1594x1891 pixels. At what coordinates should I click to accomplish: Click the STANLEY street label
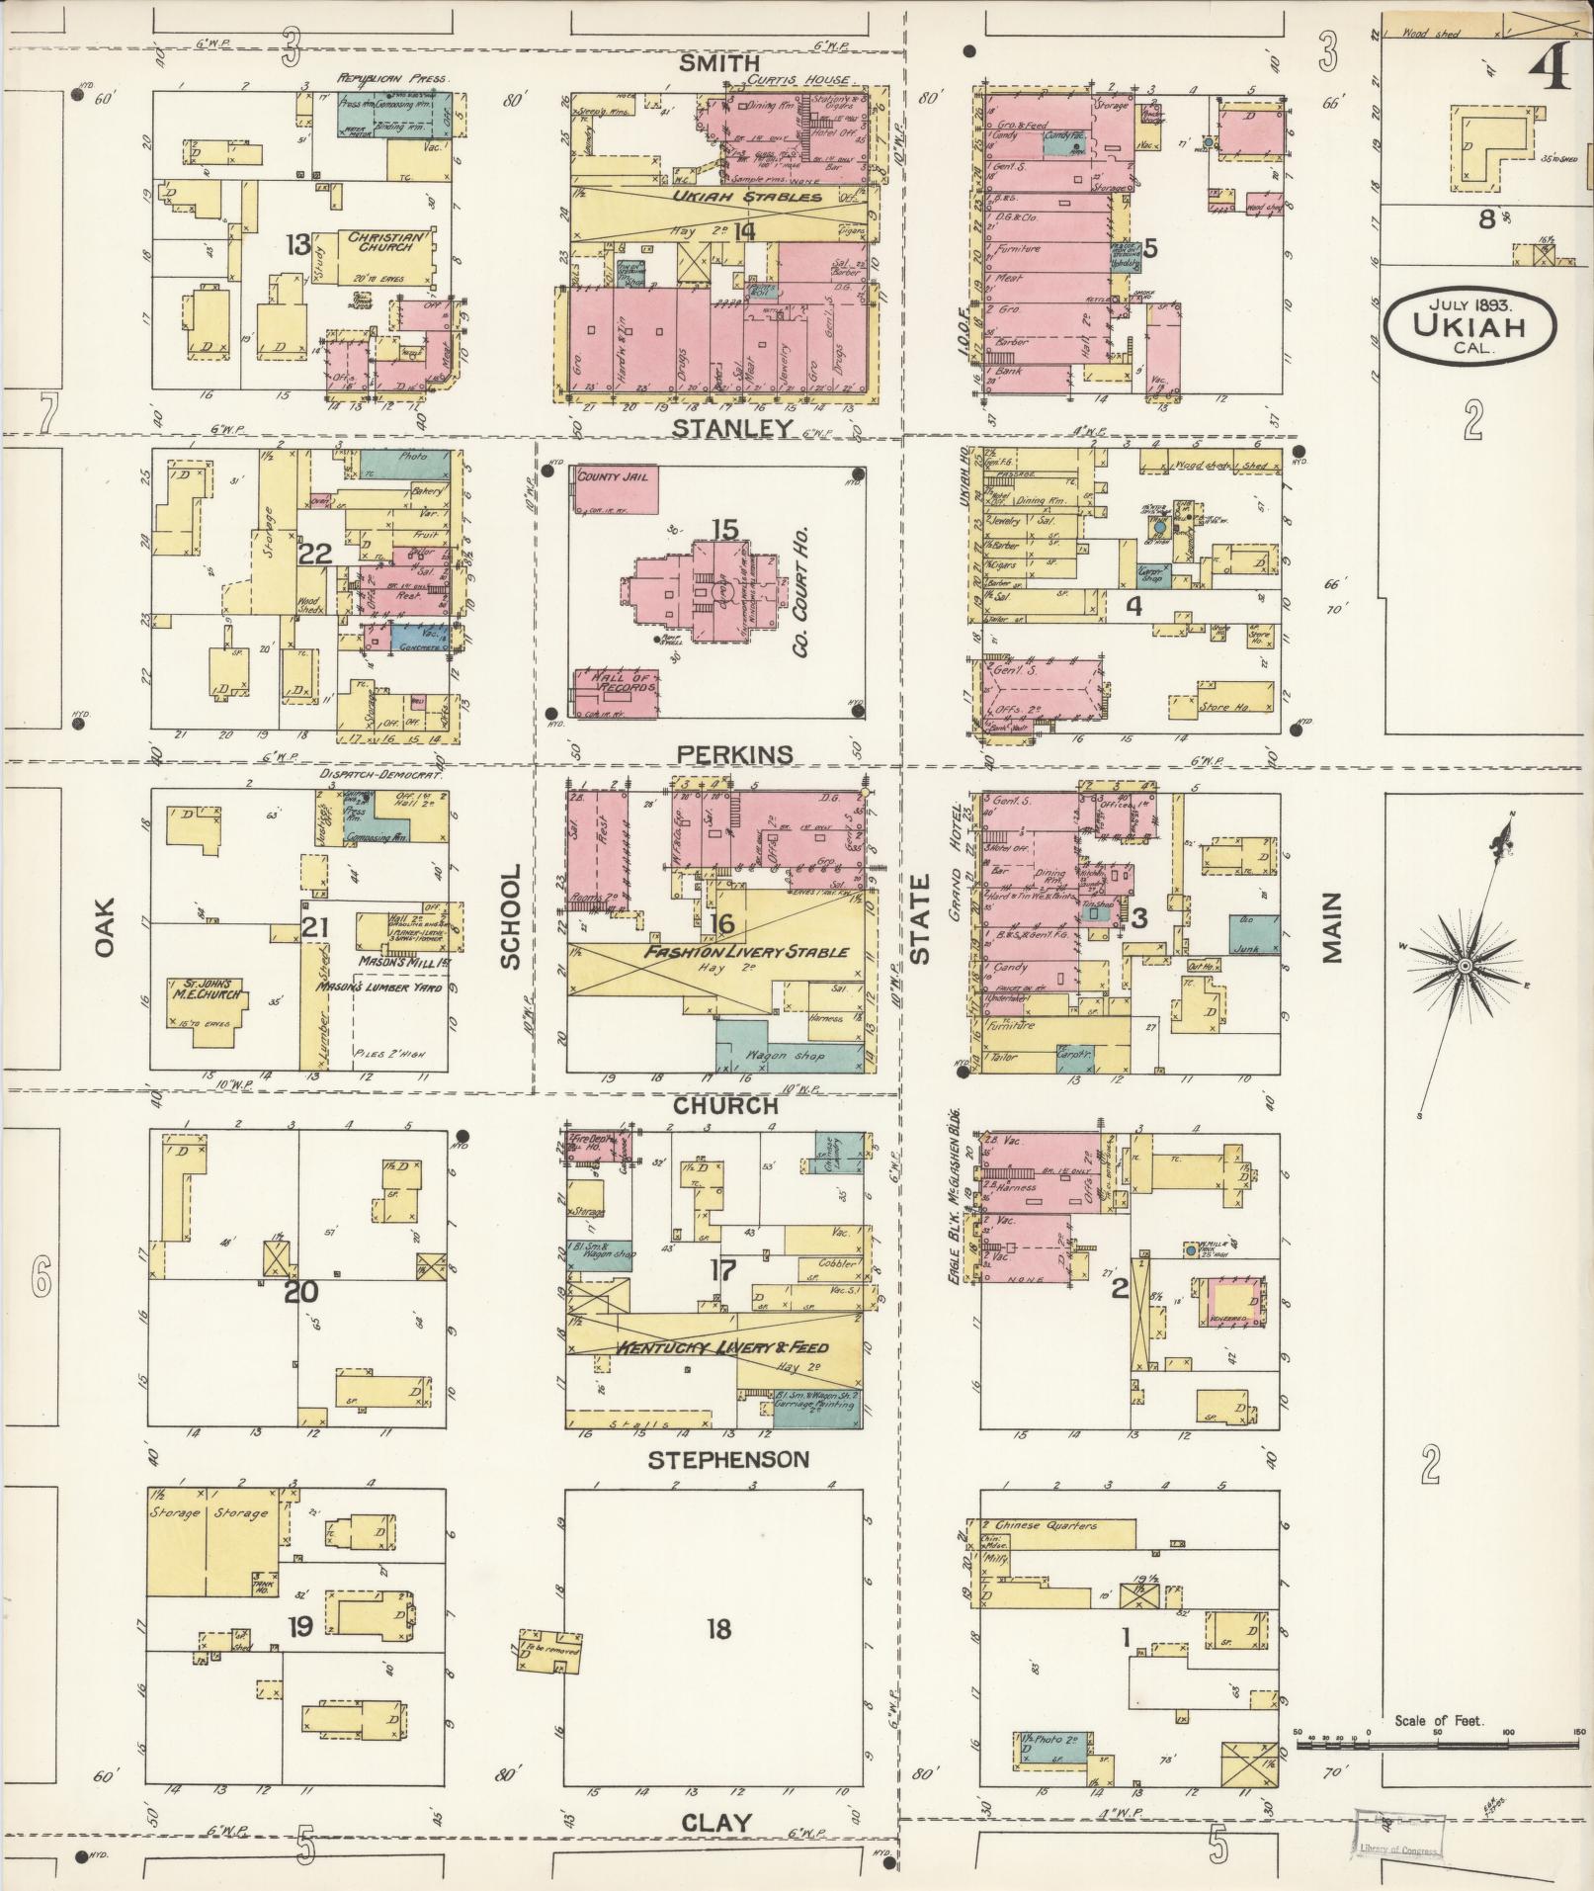click(x=732, y=428)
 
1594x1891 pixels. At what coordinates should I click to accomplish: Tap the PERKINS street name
click(x=734, y=754)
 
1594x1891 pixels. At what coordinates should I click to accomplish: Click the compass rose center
click(x=1466, y=964)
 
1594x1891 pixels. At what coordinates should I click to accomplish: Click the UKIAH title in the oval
click(x=1469, y=326)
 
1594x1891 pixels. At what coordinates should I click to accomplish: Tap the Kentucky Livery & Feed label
click(x=721, y=1348)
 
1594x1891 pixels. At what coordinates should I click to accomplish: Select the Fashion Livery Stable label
click(x=746, y=952)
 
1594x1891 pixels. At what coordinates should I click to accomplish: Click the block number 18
click(x=718, y=1627)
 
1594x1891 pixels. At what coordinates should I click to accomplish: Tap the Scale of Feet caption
click(x=1438, y=1721)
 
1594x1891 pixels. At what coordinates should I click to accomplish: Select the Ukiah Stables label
click(x=748, y=197)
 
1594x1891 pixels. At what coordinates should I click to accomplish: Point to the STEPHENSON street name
click(x=728, y=1459)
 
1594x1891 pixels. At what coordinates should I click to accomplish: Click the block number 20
click(x=300, y=1292)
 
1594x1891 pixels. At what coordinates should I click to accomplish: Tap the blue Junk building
click(x=1254, y=934)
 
